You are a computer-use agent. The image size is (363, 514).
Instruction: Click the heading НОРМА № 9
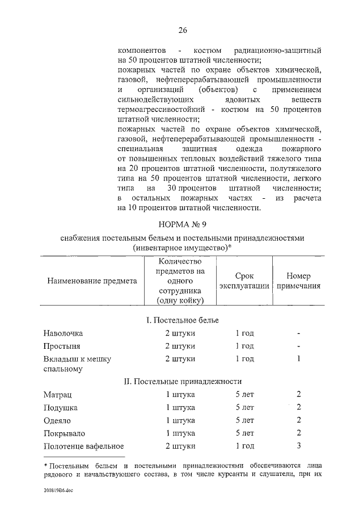point(182,224)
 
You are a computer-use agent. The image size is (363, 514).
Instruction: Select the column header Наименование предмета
point(92,281)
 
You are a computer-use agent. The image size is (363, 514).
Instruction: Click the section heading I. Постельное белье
point(182,321)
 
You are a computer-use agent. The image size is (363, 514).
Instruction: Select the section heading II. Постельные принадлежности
point(182,381)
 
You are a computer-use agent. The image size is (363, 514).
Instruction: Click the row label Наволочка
point(63,333)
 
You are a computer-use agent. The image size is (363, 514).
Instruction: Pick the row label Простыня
point(62,346)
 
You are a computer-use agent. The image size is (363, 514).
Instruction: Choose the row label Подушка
point(60,407)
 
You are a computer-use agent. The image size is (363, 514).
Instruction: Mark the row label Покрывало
point(63,433)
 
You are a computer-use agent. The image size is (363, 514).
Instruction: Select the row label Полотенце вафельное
point(83,446)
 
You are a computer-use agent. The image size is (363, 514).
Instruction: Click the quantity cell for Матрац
point(180,394)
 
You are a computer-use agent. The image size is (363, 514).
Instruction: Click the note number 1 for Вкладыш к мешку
point(298,358)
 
